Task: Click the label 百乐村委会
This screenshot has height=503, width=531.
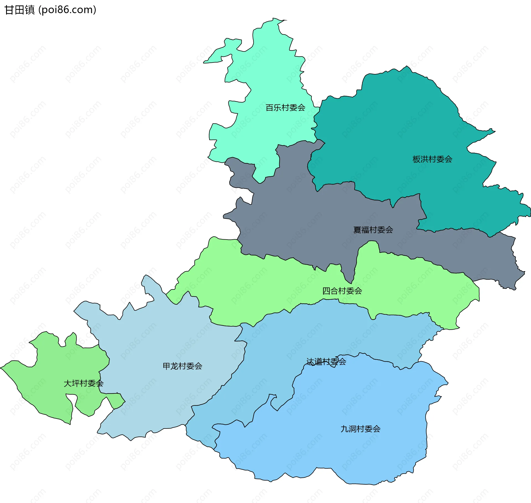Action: (x=285, y=107)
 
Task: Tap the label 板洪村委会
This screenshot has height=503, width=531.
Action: (x=432, y=159)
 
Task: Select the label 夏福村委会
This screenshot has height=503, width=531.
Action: (x=373, y=230)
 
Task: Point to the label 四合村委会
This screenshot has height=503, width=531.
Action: (x=342, y=291)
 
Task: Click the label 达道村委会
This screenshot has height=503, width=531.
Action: (x=326, y=361)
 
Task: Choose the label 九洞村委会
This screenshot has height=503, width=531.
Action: (x=360, y=429)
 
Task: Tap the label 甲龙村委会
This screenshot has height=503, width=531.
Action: (x=182, y=366)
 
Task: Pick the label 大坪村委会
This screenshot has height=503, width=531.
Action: (x=83, y=383)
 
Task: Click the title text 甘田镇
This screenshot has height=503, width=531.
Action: (x=20, y=10)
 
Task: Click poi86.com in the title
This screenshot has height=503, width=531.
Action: (x=67, y=10)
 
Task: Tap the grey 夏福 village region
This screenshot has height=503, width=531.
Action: (x=290, y=222)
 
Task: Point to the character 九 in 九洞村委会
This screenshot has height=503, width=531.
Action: (x=344, y=429)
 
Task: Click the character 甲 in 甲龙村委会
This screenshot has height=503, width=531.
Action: (x=166, y=366)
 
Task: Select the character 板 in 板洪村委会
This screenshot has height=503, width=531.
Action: (x=416, y=159)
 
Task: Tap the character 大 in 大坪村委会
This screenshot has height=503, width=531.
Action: (x=68, y=383)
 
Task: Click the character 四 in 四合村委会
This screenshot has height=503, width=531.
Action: (x=326, y=291)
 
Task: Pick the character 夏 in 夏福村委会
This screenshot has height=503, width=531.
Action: (x=357, y=230)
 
